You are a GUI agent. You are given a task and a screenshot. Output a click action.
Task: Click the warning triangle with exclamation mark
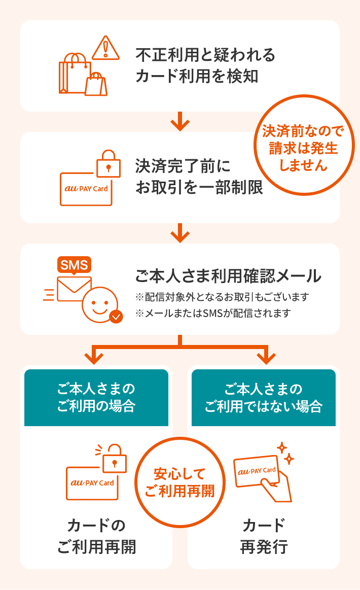pyautogui.click(x=105, y=48)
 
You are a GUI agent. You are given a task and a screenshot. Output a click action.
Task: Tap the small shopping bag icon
pyautogui.click(x=96, y=85)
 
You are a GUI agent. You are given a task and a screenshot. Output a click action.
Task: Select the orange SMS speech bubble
pyautogui.click(x=74, y=265)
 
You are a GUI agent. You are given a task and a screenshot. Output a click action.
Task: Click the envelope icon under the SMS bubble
pyautogui.click(x=74, y=289)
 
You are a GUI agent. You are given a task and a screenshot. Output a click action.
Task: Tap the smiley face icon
pyautogui.click(x=100, y=304)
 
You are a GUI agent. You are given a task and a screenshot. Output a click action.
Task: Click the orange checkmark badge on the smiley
pyautogui.click(x=116, y=317)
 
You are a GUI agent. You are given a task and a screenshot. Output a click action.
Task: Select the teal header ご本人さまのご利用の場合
pyautogui.click(x=96, y=398)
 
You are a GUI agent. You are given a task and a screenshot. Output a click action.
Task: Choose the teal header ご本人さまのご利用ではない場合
pyautogui.click(x=263, y=398)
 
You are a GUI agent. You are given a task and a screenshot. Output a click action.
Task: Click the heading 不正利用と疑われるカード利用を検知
pyautogui.click(x=205, y=65)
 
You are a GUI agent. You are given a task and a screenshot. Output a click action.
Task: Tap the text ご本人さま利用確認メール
pyautogui.click(x=228, y=276)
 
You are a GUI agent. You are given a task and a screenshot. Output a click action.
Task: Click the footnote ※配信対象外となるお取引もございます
pyautogui.click(x=222, y=297)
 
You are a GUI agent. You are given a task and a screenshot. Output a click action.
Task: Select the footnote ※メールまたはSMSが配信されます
pyautogui.click(x=213, y=313)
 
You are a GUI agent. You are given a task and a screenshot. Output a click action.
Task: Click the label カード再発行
pyautogui.click(x=264, y=536)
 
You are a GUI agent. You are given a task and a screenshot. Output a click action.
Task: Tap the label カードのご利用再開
pyautogui.click(x=96, y=536)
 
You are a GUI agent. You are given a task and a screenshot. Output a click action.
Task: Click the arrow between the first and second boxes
pyautogui.click(x=179, y=122)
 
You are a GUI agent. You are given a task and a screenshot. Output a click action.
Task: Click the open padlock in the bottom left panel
pyautogui.click(x=114, y=458)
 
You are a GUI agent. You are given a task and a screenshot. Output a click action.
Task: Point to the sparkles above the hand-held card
pyautogui.click(x=284, y=453)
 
